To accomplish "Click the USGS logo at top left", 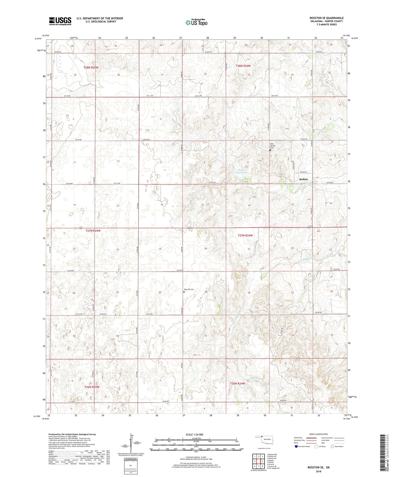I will point(60,21).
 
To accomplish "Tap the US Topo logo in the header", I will point(196,22).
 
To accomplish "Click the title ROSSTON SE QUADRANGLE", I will point(326,18).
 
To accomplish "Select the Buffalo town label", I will point(303,179).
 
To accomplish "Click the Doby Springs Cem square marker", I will point(270,150).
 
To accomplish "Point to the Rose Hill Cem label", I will point(189,289).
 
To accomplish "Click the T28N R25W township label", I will point(91,67).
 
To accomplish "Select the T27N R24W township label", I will point(245,235).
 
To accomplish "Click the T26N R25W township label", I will point(92,387).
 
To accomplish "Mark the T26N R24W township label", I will point(238,384).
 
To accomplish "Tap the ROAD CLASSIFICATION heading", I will point(319,434).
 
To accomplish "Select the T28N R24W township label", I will point(243,66).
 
